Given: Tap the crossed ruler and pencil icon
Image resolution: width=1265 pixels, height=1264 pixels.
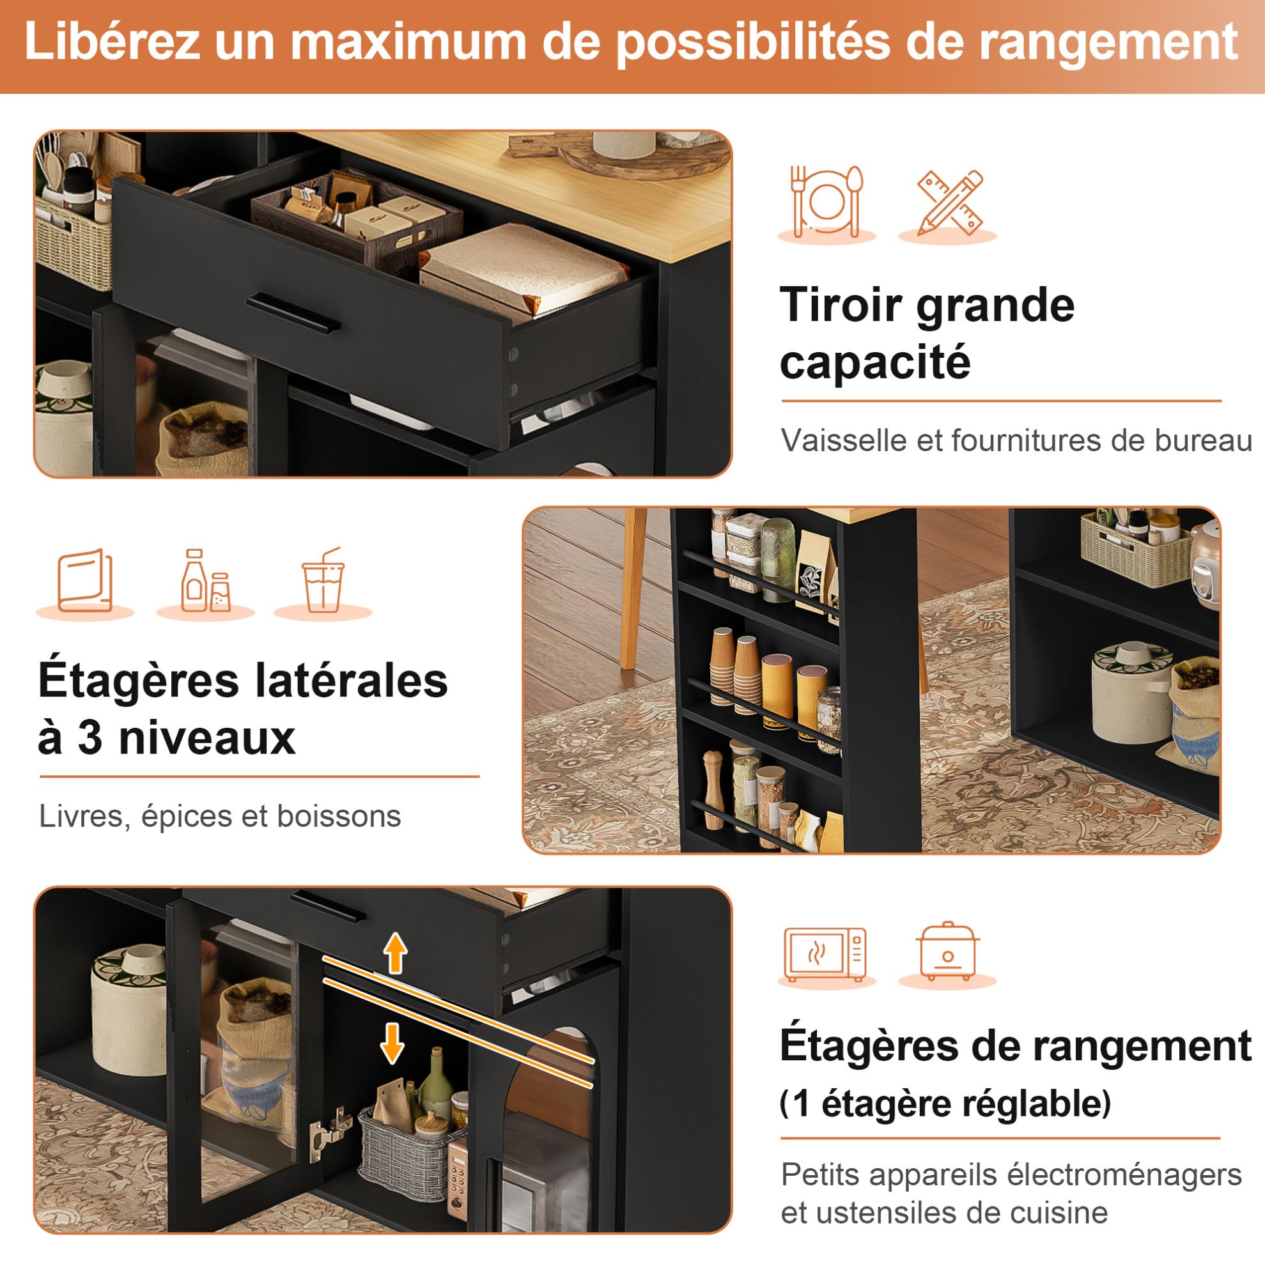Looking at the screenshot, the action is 949,203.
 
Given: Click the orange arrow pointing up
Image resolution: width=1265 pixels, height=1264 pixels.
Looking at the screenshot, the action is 396,953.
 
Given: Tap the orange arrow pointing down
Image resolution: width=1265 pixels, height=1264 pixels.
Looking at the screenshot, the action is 392,1044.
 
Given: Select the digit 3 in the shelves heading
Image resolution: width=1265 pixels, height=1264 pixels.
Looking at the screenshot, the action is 89,737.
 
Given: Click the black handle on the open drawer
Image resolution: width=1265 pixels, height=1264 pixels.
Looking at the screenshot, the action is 293,314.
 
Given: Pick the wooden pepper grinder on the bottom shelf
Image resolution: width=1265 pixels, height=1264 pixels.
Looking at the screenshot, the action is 713,789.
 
